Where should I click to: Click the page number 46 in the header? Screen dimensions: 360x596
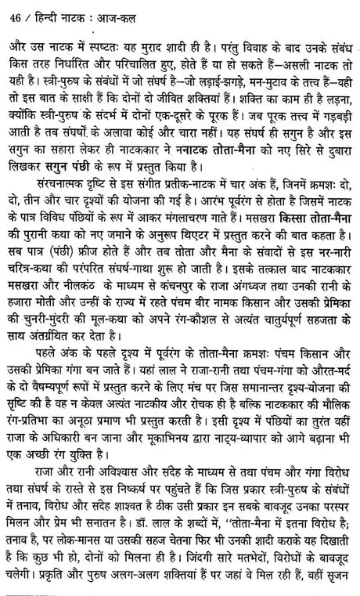(12, 12)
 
